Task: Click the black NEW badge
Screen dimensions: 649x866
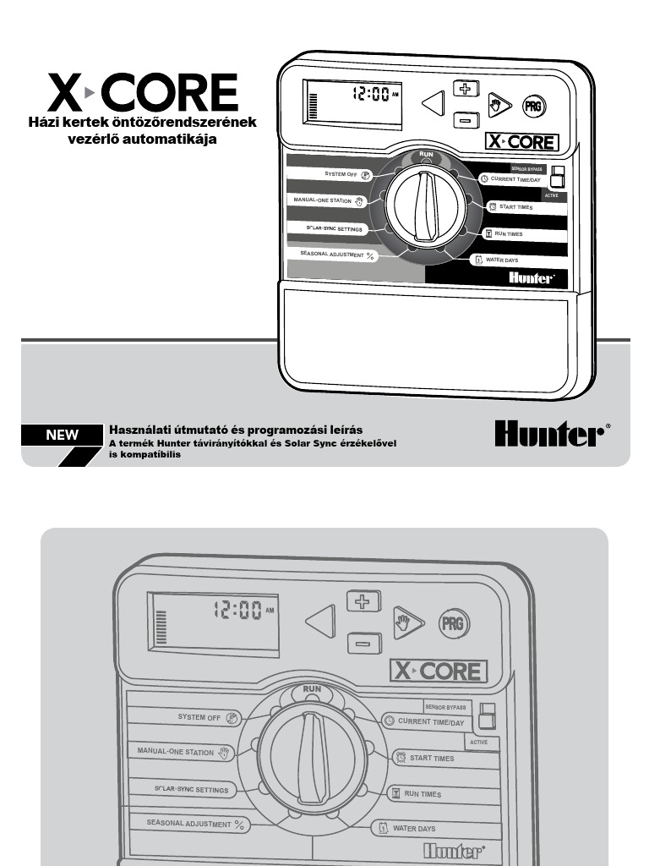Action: [62, 436]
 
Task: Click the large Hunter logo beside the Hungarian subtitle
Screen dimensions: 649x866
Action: [551, 434]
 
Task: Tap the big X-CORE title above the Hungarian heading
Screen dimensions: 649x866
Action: [142, 92]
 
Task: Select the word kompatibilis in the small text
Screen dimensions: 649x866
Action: [150, 454]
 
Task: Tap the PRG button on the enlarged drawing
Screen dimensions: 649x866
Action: [453, 625]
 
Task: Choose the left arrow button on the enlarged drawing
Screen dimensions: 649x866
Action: [320, 622]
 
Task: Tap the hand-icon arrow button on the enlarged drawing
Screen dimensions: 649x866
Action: [408, 623]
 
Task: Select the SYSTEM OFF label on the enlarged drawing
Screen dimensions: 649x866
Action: [199, 717]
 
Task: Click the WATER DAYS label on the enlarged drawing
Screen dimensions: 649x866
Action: [414, 828]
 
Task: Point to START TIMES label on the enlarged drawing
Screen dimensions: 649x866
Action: [432, 758]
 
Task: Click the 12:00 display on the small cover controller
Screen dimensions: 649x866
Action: [372, 95]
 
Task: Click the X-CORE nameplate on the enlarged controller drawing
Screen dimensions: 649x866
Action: [439, 671]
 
